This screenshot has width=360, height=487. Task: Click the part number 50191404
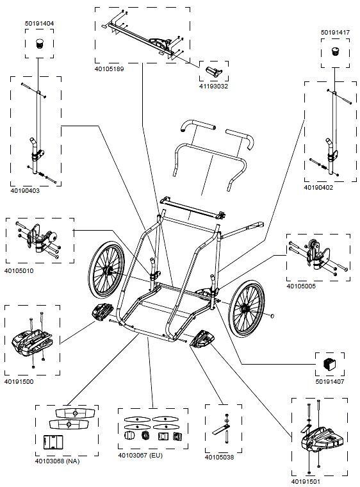click(x=39, y=23)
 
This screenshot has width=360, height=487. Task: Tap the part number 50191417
click(x=334, y=31)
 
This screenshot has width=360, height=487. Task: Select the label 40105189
click(x=110, y=66)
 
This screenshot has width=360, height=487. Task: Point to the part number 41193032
click(x=213, y=85)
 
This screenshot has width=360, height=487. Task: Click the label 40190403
click(x=25, y=190)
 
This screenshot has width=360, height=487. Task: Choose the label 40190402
click(x=318, y=187)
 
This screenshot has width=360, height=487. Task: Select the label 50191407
click(x=331, y=383)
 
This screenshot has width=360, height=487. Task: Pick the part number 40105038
click(x=219, y=457)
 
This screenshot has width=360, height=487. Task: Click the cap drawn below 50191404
click(x=40, y=44)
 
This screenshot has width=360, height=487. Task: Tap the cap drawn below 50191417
click(x=334, y=51)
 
